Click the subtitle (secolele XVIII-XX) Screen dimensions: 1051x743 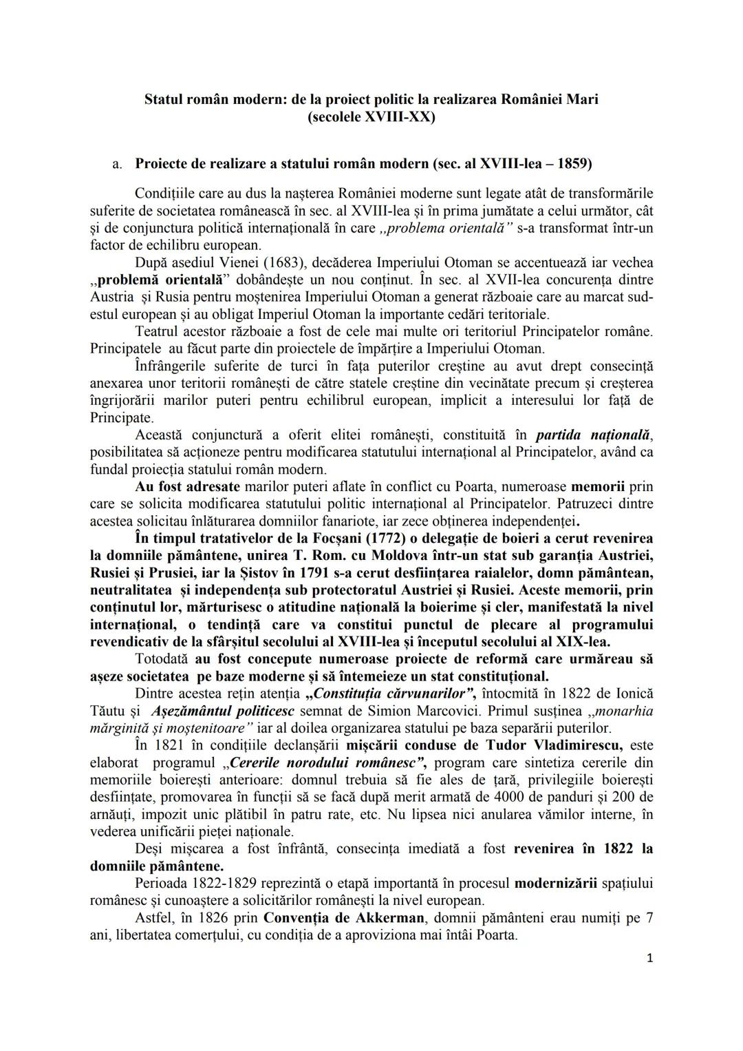click(x=371, y=116)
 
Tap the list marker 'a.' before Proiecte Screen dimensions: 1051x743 click(x=118, y=165)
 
